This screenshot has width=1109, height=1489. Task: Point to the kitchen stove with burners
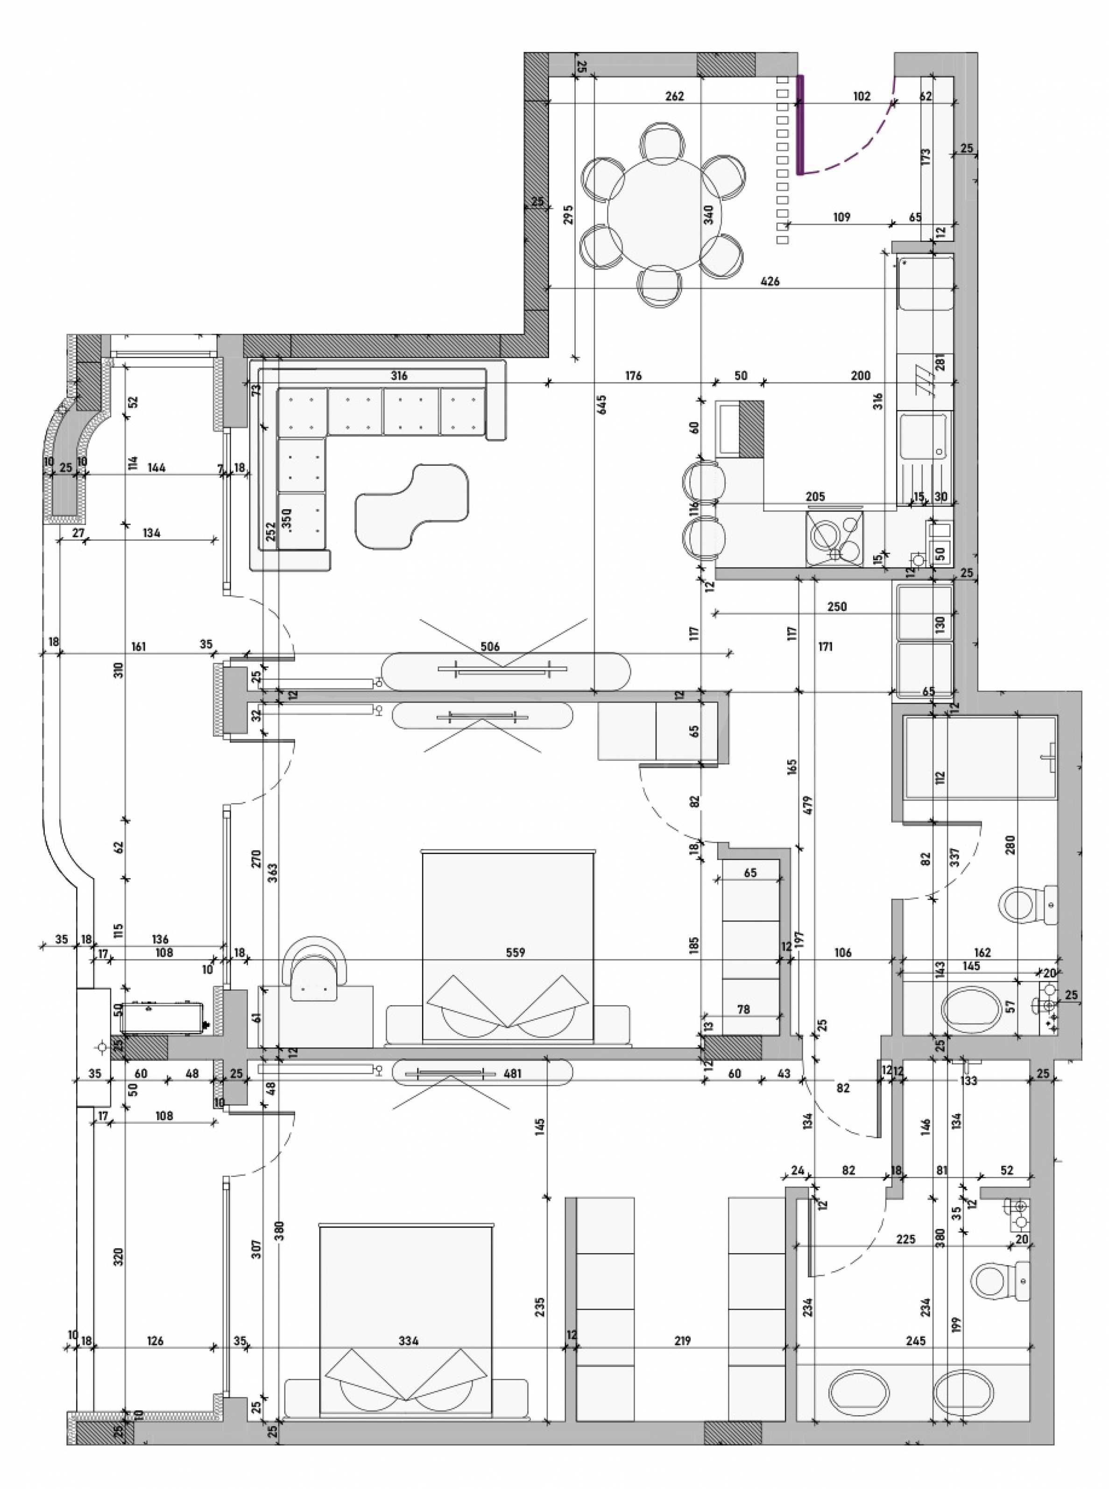835,538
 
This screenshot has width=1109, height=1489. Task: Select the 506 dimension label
490,646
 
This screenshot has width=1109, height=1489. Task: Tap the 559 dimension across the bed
516,952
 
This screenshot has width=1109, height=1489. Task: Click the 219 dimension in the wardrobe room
682,1341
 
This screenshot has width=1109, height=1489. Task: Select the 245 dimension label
915,1341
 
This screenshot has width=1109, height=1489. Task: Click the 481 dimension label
512,1073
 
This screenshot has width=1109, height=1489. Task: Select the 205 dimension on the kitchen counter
815,497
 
